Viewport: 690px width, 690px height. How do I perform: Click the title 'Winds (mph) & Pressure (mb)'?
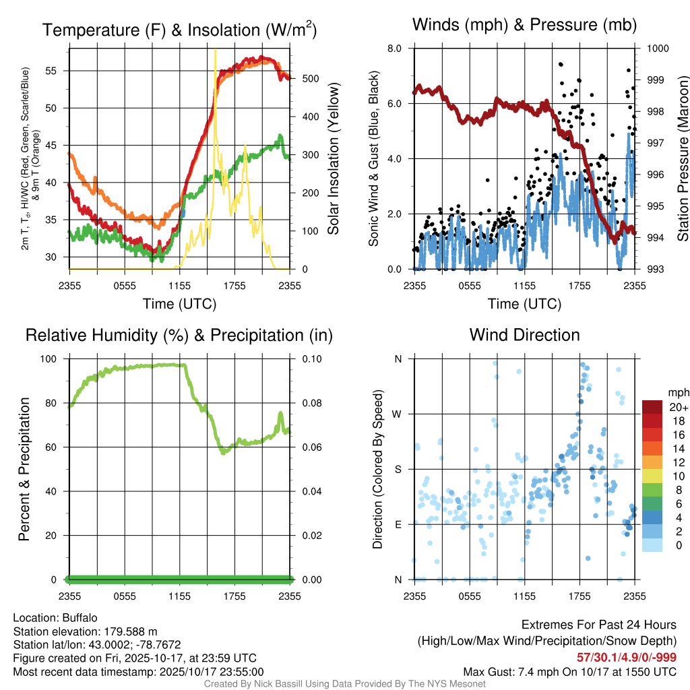coord(524,26)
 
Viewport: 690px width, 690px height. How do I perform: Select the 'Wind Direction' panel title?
coord(524,335)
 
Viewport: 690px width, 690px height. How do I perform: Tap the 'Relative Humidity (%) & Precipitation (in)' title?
coord(179,335)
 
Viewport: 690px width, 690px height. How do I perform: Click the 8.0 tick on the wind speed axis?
coord(394,49)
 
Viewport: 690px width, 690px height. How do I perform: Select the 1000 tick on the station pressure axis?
coord(658,49)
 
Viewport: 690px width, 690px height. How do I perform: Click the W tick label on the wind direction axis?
coord(398,414)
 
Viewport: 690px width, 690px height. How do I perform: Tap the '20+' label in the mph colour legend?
coord(678,408)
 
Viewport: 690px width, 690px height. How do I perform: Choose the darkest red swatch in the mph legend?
coord(652,408)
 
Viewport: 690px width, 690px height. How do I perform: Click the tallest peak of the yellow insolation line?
coord(215,51)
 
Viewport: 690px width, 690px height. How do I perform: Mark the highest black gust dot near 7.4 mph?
coord(561,64)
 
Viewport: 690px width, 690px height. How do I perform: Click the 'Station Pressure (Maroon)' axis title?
coord(682,159)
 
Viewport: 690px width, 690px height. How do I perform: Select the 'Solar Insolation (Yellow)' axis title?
coord(333,159)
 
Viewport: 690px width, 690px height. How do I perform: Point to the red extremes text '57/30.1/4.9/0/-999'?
coord(627,657)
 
